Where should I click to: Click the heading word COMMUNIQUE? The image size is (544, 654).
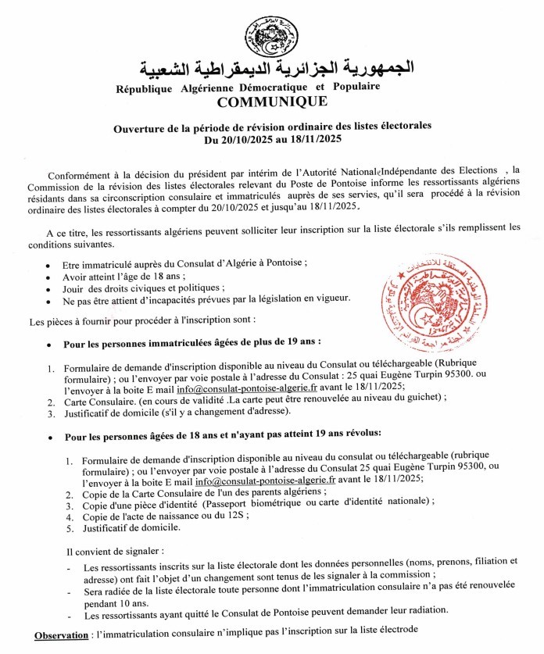coord(272,102)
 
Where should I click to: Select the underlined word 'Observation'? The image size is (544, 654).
coord(59,635)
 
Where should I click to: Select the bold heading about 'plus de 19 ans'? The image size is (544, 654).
coord(192,342)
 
